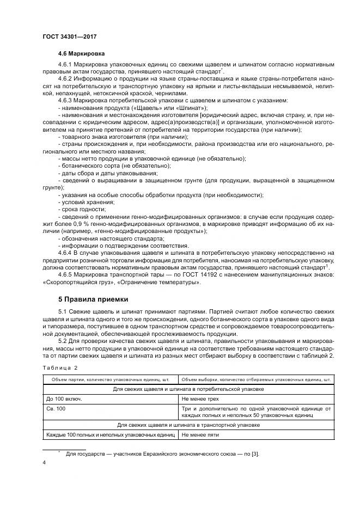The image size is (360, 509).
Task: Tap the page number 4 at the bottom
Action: [44, 462]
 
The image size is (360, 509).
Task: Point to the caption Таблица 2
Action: [60, 367]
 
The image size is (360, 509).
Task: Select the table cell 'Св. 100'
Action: [57, 408]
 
